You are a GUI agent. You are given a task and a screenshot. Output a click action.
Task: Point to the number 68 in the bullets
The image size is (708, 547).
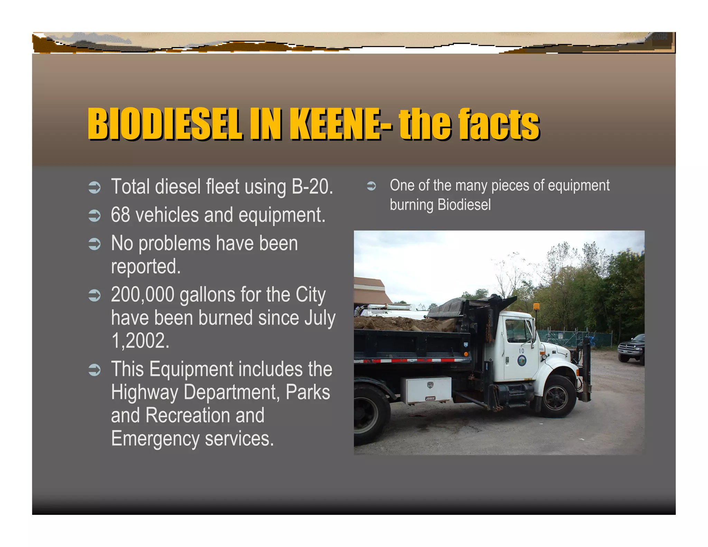coord(120,215)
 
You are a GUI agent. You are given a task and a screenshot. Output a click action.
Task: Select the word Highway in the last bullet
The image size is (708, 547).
coord(144,392)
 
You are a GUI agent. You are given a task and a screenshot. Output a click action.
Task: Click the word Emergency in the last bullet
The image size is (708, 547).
coord(155,438)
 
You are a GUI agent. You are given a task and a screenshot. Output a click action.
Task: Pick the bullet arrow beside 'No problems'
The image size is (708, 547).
coord(94,244)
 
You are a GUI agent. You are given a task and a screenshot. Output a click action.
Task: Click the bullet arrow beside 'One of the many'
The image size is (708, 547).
coord(371,186)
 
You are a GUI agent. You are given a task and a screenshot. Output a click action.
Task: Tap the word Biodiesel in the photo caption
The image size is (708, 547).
coord(464,205)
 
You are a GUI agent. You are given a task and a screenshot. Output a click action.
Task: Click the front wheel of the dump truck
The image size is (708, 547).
coord(557,397)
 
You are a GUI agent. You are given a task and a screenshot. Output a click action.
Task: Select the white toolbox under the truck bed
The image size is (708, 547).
coord(426,390)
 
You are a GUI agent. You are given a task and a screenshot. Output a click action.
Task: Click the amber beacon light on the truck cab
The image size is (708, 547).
coord(536,306)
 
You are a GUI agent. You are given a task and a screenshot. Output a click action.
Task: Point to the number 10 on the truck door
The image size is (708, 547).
coord(521,351)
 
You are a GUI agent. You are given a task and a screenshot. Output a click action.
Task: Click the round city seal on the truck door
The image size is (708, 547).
coord(522,360)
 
